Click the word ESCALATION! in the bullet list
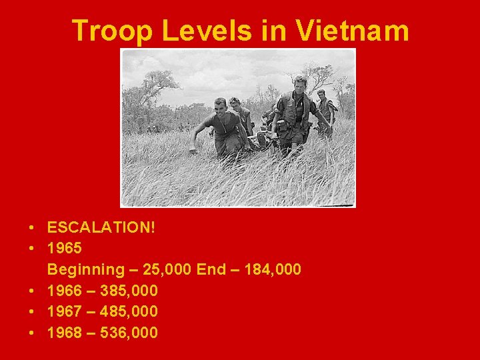click(x=101, y=227)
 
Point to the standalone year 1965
click(x=65, y=248)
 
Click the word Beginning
click(x=85, y=269)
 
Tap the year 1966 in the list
click(x=65, y=290)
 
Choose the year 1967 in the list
click(x=65, y=311)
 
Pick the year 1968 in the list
click(x=65, y=332)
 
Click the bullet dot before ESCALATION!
click(x=32, y=228)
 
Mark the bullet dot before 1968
click(x=32, y=332)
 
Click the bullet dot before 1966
click(x=32, y=291)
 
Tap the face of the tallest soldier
click(x=299, y=85)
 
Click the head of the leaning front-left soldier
click(x=219, y=106)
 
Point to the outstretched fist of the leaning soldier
click(x=193, y=149)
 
